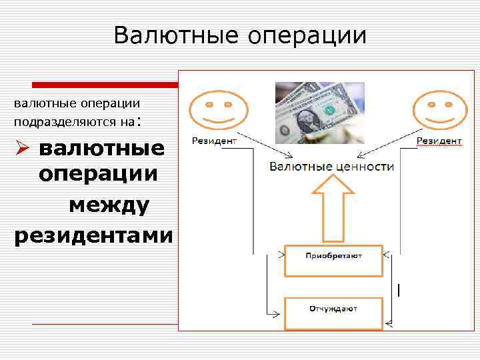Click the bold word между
tap(109, 206)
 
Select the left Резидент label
tap(215, 141)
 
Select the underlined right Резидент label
tap(439, 141)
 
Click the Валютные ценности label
tap(331, 166)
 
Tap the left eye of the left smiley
tap(209, 104)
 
